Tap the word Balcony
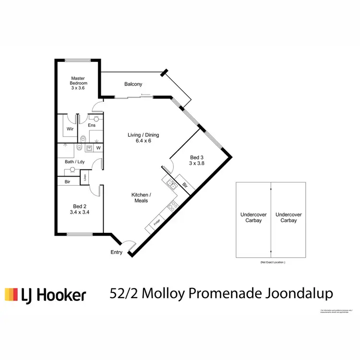tap(133, 84)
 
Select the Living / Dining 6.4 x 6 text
tap(143, 138)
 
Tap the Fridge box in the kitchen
tap(156, 223)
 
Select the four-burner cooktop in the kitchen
tap(172, 207)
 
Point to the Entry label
tap(116, 252)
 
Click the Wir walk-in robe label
tap(70, 129)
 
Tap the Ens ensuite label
tap(91, 125)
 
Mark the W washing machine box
tap(98, 148)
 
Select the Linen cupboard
tap(84, 178)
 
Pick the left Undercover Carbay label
tap(253, 217)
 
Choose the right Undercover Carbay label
tap(288, 217)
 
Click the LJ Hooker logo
tap(46, 294)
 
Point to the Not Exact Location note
tap(272, 263)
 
